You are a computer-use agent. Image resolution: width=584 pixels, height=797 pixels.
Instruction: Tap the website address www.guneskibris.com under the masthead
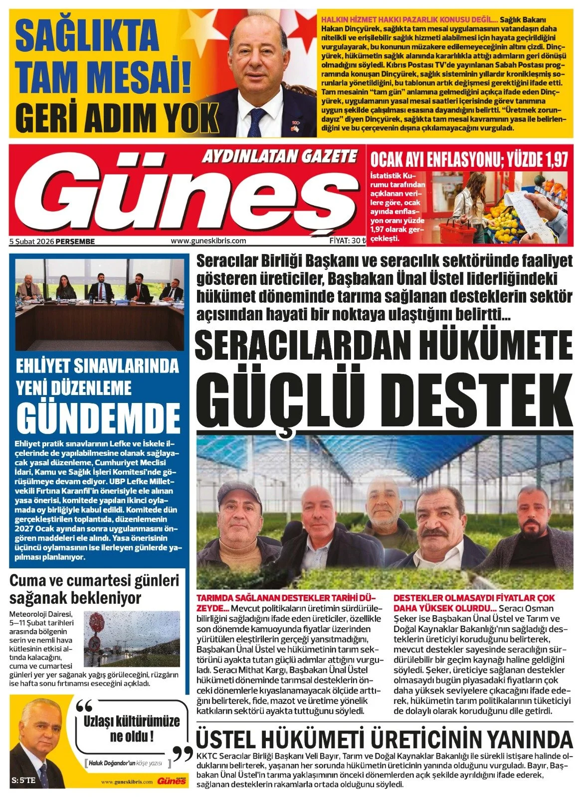(x=208, y=241)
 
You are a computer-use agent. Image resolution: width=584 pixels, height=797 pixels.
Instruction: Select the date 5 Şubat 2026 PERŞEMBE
(x=52, y=241)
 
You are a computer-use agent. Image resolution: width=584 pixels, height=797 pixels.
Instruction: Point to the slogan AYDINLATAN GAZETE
(x=279, y=157)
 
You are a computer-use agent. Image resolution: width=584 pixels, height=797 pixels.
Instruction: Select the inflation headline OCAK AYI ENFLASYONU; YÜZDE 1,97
(x=469, y=159)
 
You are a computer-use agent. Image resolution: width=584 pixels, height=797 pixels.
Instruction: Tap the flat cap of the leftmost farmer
(x=241, y=491)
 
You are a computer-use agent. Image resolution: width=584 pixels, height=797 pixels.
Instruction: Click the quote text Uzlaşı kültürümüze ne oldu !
(x=131, y=728)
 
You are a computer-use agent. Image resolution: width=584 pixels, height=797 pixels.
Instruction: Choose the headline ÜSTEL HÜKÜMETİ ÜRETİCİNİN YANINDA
(x=384, y=738)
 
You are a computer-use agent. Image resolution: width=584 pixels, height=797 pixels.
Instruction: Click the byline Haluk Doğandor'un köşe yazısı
(x=127, y=763)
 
